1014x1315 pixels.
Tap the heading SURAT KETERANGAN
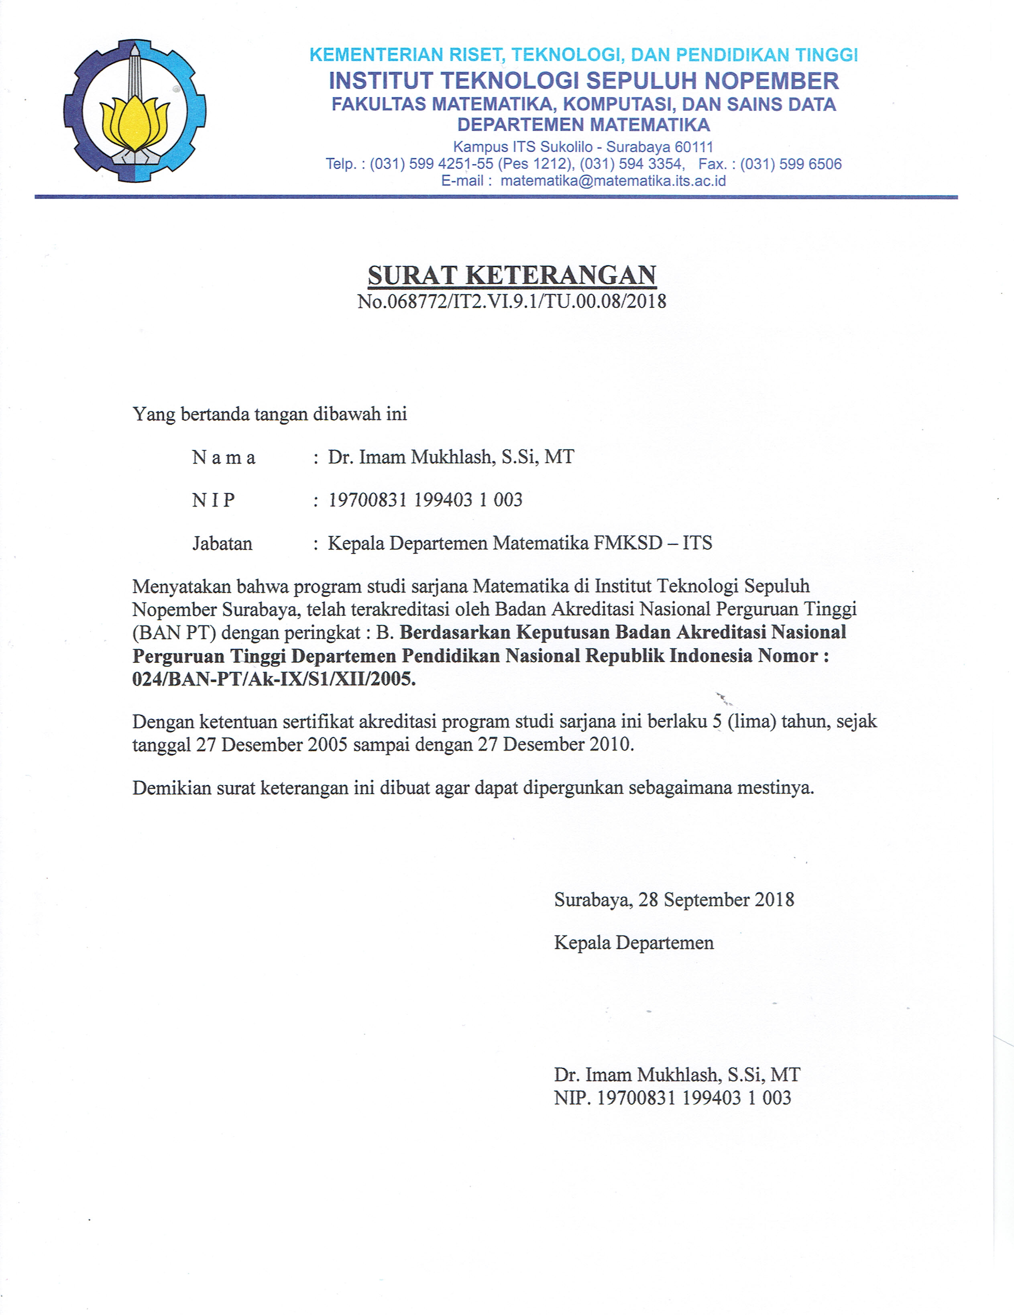click(512, 275)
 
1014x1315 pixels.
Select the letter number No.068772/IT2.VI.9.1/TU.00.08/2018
click(512, 301)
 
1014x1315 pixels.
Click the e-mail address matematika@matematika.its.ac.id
click(613, 181)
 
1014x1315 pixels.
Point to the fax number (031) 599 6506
click(791, 164)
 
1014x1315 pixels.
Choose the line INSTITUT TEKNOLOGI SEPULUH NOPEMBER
click(584, 81)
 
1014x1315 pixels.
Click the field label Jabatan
click(222, 544)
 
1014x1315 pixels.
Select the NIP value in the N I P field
click(425, 500)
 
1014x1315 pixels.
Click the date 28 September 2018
click(716, 900)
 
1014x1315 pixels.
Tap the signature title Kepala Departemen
click(633, 942)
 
